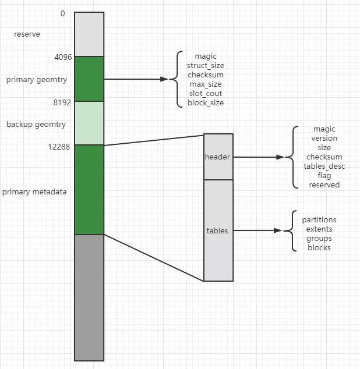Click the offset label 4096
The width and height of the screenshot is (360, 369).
pyautogui.click(x=63, y=57)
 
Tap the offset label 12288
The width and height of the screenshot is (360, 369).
pyautogui.click(x=59, y=147)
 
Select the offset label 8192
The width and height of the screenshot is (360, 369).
pyautogui.click(x=62, y=102)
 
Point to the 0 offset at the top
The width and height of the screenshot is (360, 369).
pyautogui.click(x=62, y=13)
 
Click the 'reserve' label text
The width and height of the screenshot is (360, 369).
pyautogui.click(x=27, y=34)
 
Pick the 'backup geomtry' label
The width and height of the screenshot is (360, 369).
pyautogui.click(x=36, y=125)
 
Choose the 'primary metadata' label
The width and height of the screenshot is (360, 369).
pyautogui.click(x=34, y=192)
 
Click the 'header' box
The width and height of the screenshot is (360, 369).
pyautogui.click(x=218, y=157)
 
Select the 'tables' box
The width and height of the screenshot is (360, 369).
pyautogui.click(x=218, y=230)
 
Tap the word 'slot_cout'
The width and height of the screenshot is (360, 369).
pyautogui.click(x=206, y=94)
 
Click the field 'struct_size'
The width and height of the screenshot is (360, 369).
pyautogui.click(x=206, y=65)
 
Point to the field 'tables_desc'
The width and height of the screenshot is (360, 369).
pyautogui.click(x=324, y=166)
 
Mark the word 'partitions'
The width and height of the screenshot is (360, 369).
pyautogui.click(x=319, y=220)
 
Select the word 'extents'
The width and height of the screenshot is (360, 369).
pyautogui.click(x=319, y=229)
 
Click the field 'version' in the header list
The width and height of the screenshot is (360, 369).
pyautogui.click(x=324, y=138)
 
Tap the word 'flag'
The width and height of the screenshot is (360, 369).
pyautogui.click(x=324, y=176)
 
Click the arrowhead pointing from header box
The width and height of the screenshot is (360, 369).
pyautogui.click(x=280, y=157)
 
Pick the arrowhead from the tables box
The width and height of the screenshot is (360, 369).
pyautogui.click(x=278, y=230)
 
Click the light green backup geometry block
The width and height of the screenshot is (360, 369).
pyautogui.click(x=89, y=123)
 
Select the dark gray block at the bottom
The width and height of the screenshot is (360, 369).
pyautogui.click(x=89, y=297)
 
